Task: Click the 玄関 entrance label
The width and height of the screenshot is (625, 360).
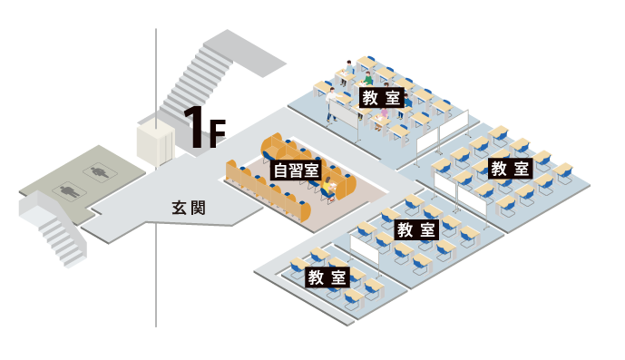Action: tap(189, 208)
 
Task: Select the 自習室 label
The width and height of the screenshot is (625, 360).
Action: tap(297, 170)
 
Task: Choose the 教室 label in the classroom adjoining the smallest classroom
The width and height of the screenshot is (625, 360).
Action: tap(417, 229)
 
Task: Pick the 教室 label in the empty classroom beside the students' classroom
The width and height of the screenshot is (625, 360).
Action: tap(510, 169)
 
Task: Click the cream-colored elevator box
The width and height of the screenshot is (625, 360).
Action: tap(155, 142)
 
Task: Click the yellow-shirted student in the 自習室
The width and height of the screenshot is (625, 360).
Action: tap(330, 186)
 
